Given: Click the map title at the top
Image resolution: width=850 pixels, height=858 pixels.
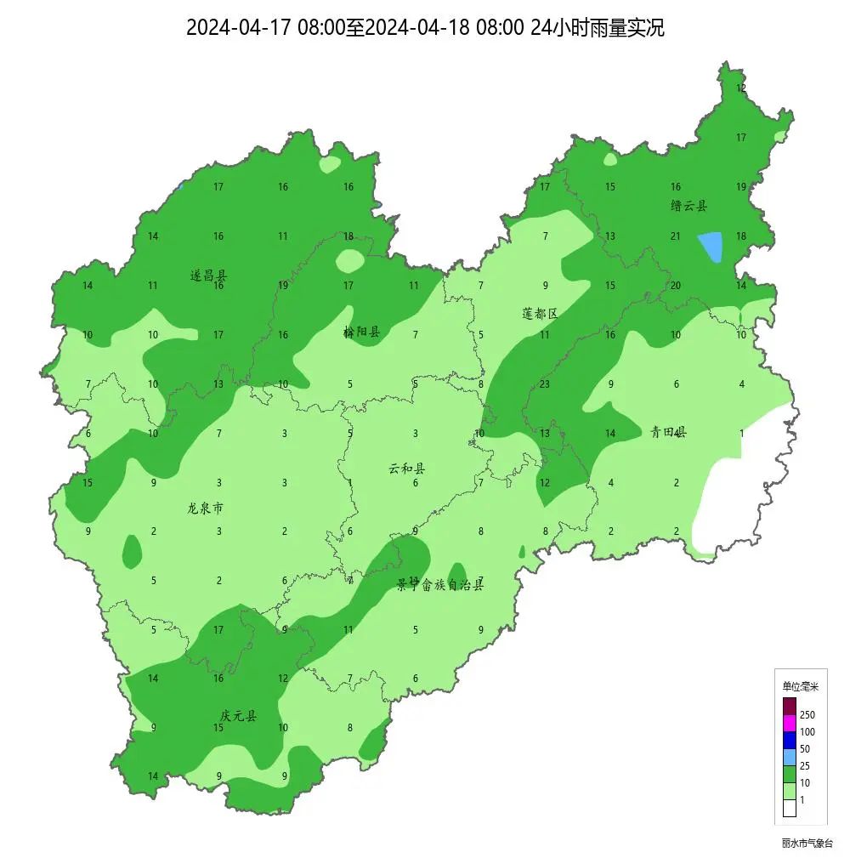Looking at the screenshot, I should pos(425,27).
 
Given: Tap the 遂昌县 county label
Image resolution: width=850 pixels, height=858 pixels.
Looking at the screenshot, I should pos(208,276).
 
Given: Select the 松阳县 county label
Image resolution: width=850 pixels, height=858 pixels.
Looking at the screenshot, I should pos(361,332).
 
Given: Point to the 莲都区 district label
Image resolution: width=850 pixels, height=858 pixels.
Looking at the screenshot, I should pos(540,314).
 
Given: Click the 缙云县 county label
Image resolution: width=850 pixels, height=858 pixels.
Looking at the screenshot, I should pos(688,206).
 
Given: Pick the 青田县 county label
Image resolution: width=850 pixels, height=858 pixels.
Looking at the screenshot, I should pos(668,432).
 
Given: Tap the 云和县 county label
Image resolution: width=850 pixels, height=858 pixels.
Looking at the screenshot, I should pos(407,469).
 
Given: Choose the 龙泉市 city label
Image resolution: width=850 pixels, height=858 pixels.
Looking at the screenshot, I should pos(206,509).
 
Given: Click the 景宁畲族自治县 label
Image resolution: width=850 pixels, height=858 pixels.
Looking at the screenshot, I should pos(440,584).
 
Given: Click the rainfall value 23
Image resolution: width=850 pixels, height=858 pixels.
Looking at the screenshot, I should pos(545,384).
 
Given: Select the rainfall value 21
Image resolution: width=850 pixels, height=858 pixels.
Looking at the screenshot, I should pos(676,236).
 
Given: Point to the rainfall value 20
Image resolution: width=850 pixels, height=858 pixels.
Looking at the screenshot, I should pos(676,286).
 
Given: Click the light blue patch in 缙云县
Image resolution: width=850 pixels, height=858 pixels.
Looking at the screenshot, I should pos(711,247).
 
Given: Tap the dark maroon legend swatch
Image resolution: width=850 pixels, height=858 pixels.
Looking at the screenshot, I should pos(790,706).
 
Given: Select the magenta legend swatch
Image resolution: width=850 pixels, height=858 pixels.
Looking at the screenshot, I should pos(790,723).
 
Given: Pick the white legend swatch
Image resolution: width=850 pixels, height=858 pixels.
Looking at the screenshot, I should pos(790,808).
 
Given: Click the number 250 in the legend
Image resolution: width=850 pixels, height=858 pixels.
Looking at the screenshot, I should pos(807,715).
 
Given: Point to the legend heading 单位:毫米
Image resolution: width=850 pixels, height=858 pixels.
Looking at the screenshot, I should pos(800,686).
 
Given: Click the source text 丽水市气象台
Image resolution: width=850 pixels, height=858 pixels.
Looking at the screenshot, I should pos(807,844).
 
